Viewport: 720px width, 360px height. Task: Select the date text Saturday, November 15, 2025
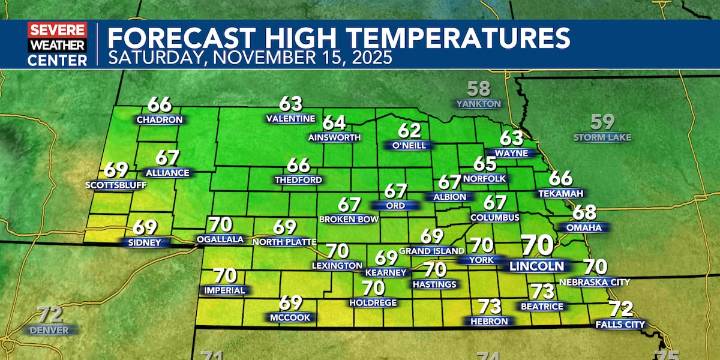[249, 58]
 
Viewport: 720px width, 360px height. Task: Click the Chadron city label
[160, 120]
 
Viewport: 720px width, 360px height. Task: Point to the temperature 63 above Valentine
[291, 103]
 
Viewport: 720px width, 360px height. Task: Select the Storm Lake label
[602, 136]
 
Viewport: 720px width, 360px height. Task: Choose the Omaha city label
[585, 227]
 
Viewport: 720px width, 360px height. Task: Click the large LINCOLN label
[537, 267]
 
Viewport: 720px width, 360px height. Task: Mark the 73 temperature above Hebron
[489, 306]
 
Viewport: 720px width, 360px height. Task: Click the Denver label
[50, 329]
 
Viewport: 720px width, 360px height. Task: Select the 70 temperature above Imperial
[225, 275]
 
